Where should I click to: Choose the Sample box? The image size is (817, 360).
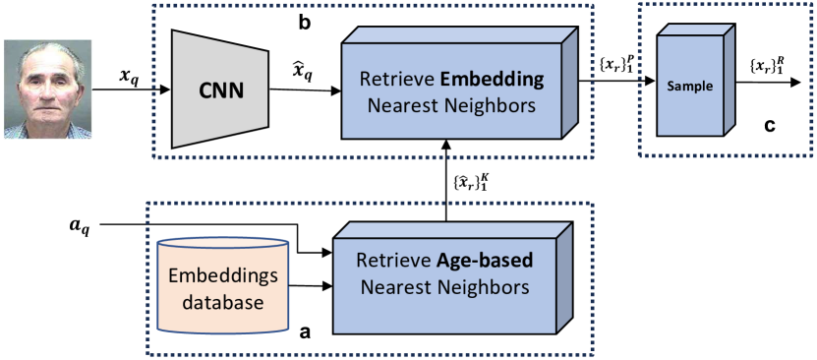(x=688, y=88)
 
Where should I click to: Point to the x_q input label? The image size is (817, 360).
(x=129, y=76)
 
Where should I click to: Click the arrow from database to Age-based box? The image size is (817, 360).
(x=309, y=287)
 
